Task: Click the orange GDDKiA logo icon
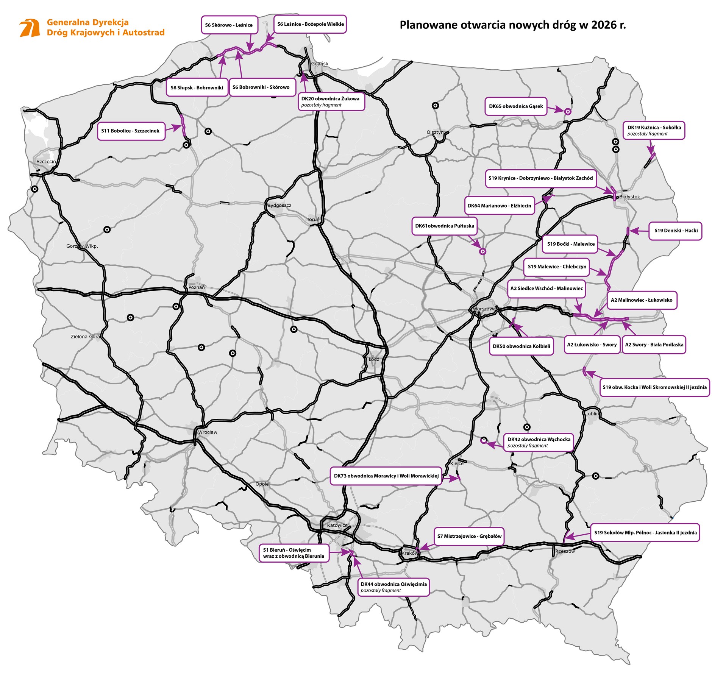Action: pos(30,28)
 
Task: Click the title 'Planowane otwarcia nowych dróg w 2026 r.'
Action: pos(513,25)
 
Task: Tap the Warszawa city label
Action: pos(484,309)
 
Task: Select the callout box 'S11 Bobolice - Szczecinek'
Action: pos(131,131)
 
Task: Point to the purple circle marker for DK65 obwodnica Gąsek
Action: pos(567,111)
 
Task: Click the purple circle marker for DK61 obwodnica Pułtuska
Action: pos(482,251)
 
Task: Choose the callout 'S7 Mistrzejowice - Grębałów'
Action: pos(469,536)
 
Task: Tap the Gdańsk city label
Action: pos(319,64)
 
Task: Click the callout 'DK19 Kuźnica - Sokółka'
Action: pos(654,130)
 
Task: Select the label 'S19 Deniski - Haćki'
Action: pos(676,231)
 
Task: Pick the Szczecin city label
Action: pos(46,161)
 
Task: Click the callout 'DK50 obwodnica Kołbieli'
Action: pos(521,346)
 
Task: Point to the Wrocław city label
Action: pos(208,432)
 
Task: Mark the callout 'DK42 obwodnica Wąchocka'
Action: pos(539,442)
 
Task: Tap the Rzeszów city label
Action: pos(565,551)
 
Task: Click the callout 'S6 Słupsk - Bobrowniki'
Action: pos(197,87)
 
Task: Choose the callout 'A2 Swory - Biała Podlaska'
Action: pos(654,345)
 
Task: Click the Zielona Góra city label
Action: pos(85,336)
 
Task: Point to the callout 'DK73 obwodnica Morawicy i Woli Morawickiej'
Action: pos(386,476)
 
